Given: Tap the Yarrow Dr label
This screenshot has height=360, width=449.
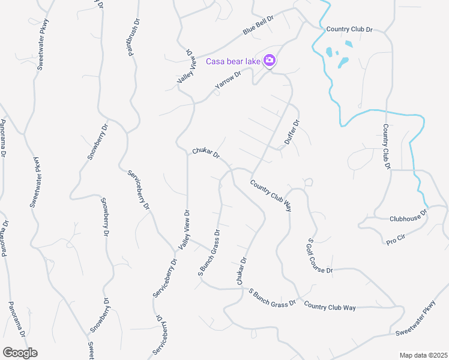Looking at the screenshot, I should point(228,82).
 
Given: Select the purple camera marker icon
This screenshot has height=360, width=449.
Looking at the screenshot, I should point(270,60).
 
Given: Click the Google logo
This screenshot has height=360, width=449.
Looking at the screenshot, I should point(19,352).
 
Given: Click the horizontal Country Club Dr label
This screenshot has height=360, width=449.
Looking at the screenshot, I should point(349,29).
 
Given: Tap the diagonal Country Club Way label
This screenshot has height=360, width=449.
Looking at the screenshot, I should point(271,196).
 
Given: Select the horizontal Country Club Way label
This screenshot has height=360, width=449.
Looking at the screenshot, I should point(330,307).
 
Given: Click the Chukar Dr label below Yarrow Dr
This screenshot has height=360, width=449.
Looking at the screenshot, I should point(206,154).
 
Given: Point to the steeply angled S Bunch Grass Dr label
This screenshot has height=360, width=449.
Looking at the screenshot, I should point(209,253).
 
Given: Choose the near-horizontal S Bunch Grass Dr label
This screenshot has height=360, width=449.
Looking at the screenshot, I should point(273,296).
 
